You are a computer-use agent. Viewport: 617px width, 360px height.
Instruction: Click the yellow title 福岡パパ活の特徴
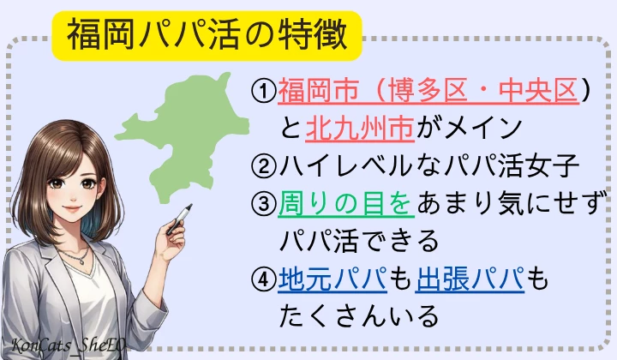point(207,33)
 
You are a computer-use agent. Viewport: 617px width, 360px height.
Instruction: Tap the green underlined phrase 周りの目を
point(348,204)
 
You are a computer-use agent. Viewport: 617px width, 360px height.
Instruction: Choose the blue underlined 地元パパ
point(334,279)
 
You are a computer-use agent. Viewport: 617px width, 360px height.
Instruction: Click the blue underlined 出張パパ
point(470,279)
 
